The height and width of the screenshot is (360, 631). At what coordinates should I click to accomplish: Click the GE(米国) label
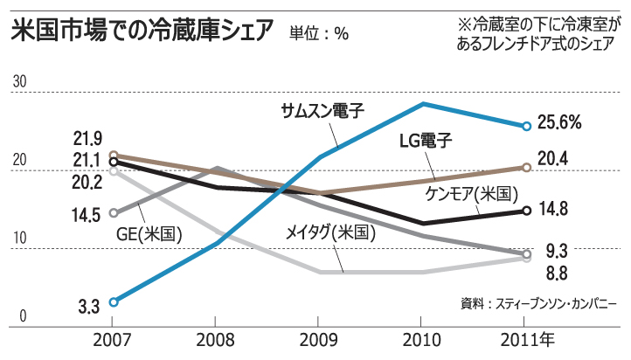click(149, 233)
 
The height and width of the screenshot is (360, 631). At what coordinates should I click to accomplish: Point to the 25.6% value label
click(559, 123)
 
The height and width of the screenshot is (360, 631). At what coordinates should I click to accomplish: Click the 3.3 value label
click(87, 306)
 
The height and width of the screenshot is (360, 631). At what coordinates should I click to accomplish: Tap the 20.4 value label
click(553, 158)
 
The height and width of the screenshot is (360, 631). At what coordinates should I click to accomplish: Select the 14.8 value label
click(553, 209)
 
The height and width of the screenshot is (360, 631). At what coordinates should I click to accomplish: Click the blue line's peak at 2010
click(424, 104)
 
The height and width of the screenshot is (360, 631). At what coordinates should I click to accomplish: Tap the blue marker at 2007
click(113, 301)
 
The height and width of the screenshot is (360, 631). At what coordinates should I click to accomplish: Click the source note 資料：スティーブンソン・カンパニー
click(538, 303)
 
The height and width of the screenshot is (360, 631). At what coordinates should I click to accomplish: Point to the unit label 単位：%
click(319, 35)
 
